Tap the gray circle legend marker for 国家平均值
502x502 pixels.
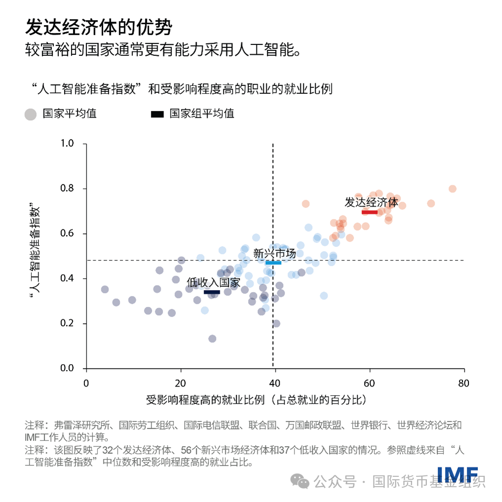click(31, 114)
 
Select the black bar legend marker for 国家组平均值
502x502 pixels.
click(157, 114)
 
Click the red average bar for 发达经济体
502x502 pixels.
click(370, 211)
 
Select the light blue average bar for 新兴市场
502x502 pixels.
click(273, 262)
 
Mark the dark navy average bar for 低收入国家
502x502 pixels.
click(211, 292)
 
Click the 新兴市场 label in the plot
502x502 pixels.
click(275, 253)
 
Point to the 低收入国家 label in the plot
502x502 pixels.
click(213, 283)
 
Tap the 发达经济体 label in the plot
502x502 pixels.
click(371, 202)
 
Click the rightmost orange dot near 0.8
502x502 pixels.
click(452, 189)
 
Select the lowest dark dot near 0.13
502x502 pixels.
click(212, 338)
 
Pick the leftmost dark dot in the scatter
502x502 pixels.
click(105, 290)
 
